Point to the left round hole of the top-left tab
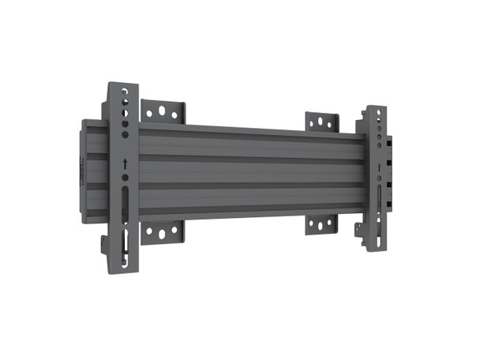(148, 111)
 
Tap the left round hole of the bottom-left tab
(148, 233)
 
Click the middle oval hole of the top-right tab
(322, 122)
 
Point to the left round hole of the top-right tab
(313, 122)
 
